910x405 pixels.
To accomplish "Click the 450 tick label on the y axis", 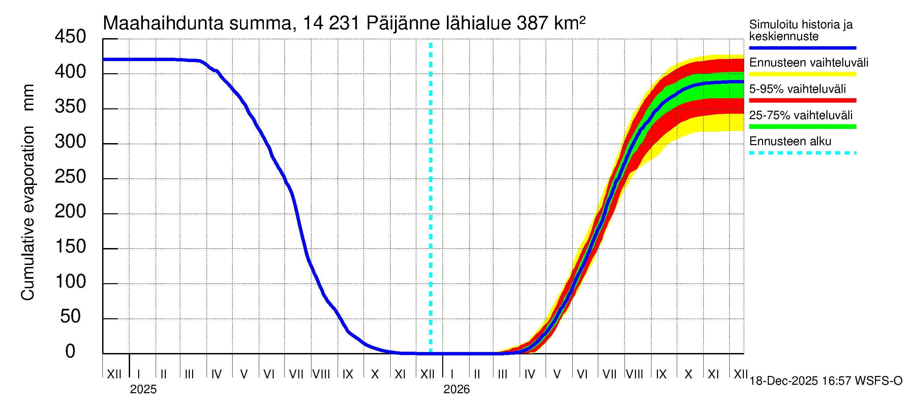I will click(x=70, y=37).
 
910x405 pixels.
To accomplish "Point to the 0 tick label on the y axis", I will click(x=70, y=351).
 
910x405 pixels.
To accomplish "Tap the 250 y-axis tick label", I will click(x=70, y=177).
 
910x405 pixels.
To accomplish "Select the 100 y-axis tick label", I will click(x=70, y=281).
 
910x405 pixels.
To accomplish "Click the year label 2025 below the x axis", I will click(x=143, y=389).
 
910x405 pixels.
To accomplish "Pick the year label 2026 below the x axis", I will click(x=456, y=389).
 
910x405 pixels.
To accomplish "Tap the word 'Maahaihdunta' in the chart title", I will click(x=163, y=23).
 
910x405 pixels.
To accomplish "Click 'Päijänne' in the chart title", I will click(x=403, y=23).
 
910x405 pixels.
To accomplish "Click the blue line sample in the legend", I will click(x=802, y=48).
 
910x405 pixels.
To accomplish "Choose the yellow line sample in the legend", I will click(x=802, y=74).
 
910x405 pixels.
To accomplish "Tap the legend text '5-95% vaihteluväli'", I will click(x=797, y=89).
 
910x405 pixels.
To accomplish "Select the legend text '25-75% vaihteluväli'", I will click(x=800, y=115).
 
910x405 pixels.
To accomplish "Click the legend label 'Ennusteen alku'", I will click(x=790, y=141).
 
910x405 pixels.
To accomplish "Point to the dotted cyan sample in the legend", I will click(x=802, y=153).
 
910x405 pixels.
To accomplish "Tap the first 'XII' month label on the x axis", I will click(x=114, y=374).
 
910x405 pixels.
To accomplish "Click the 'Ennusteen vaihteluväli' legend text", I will click(x=809, y=63).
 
